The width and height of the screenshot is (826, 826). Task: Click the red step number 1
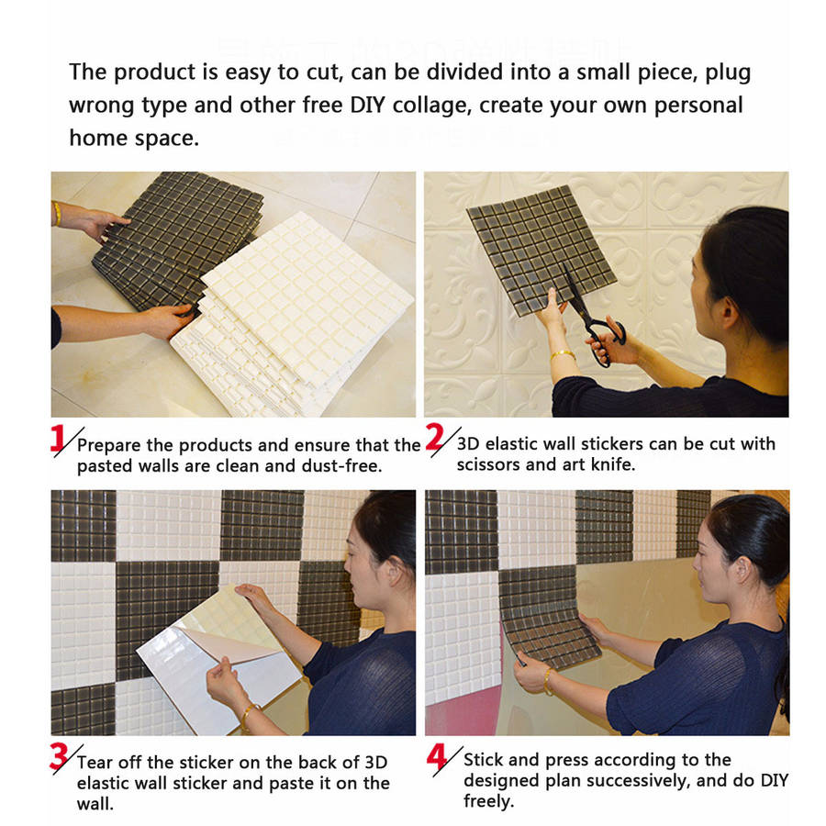coord(58,439)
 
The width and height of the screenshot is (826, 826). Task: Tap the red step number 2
coord(435,437)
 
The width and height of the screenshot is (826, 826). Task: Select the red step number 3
coord(59,756)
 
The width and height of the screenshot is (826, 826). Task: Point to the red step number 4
coord(437,756)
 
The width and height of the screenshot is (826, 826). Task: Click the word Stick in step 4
coord(483,760)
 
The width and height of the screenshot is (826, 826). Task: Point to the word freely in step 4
coord(488,802)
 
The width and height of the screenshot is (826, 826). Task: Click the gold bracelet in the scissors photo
coord(564,354)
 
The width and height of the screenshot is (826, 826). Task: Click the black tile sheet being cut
coord(541,251)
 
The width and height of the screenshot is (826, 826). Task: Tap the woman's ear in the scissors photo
coord(730,310)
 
